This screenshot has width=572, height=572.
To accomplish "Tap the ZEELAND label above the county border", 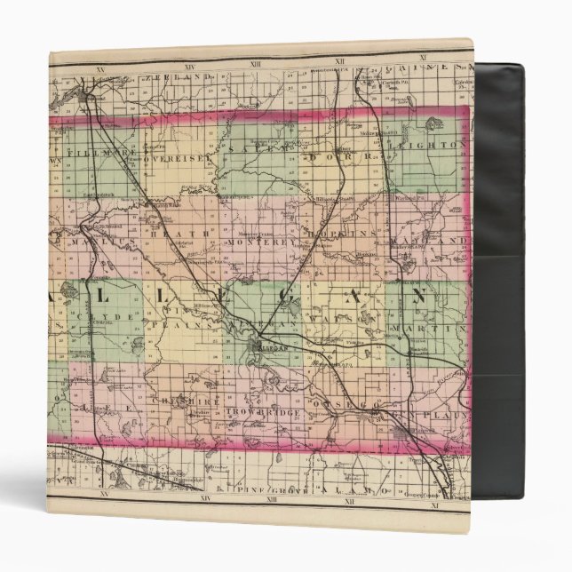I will point(187,77).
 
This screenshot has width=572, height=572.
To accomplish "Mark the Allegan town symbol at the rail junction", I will point(258,347).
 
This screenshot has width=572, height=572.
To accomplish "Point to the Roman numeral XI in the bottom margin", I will point(434,504).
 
